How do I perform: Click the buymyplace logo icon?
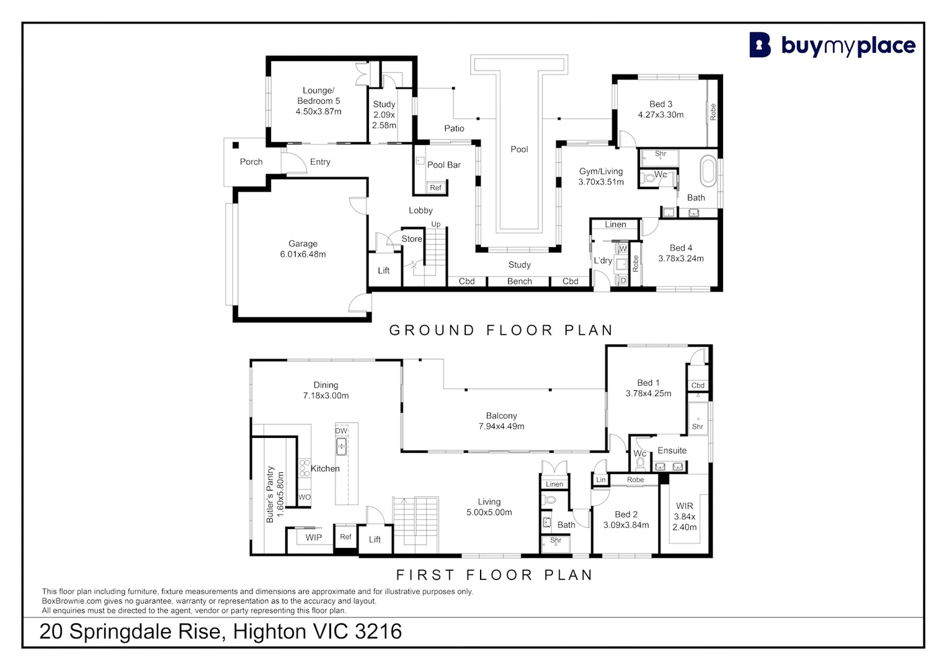click(x=760, y=45)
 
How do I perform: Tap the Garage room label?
click(x=303, y=244)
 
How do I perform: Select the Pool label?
click(x=519, y=150)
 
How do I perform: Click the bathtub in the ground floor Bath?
click(x=708, y=172)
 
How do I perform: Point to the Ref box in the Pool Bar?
click(x=435, y=188)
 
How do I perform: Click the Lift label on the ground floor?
click(x=384, y=270)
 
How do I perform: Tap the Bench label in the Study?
click(x=519, y=282)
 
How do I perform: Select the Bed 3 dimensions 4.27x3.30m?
click(x=660, y=115)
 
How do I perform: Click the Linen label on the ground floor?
click(x=615, y=225)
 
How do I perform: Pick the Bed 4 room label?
click(x=681, y=248)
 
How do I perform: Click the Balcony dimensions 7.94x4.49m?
click(x=501, y=426)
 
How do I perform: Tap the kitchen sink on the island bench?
click(x=342, y=445)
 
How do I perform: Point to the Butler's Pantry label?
click(x=270, y=494)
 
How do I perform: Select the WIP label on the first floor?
click(x=314, y=538)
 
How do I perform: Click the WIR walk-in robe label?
click(x=685, y=506)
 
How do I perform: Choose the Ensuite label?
click(x=672, y=450)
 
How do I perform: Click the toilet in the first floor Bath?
click(x=549, y=499)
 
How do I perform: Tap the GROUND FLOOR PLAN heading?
click(x=501, y=330)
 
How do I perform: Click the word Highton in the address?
click(x=270, y=632)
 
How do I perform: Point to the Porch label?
click(x=251, y=162)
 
